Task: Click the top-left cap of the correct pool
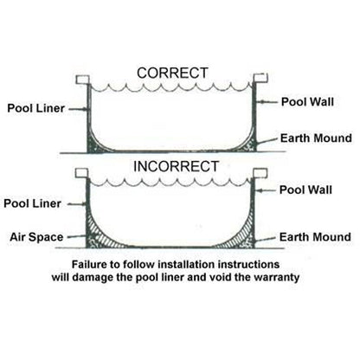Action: [84, 78]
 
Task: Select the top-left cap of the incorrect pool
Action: [84, 172]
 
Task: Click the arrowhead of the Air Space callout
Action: [87, 235]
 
